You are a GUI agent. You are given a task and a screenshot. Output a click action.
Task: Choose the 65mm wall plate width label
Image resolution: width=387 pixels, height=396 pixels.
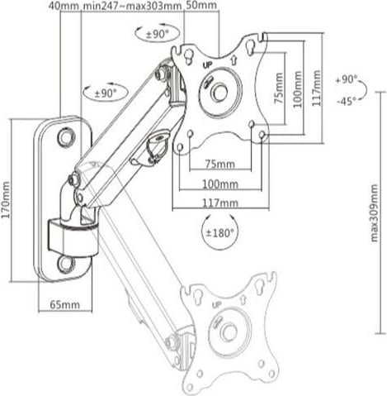pos(64,305)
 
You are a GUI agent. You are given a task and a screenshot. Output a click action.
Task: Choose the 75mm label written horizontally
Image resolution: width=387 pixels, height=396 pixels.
pos(218,163)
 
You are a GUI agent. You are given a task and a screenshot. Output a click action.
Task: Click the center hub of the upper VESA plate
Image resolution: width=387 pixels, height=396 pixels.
pos(219,91)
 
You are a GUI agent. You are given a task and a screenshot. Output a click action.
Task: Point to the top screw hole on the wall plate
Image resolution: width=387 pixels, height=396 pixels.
pos(64,141)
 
